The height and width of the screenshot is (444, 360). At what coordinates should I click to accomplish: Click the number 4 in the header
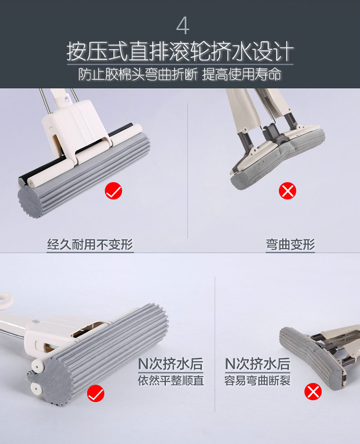pyautogui.click(x=183, y=26)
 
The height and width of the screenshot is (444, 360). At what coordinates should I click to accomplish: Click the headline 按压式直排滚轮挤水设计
pyautogui.click(x=180, y=51)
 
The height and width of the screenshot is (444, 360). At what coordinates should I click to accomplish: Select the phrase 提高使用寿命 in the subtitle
pyautogui.click(x=241, y=75)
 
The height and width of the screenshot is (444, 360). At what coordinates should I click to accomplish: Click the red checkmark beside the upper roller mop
pyautogui.click(x=113, y=191)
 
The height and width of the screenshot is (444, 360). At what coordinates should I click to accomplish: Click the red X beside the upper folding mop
pyautogui.click(x=288, y=191)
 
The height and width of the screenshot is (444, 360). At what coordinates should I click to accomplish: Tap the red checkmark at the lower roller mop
pyautogui.click(x=96, y=393)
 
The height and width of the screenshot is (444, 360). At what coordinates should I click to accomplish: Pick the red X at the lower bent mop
pyautogui.click(x=313, y=392)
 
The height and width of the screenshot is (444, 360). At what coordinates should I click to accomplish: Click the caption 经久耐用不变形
pyautogui.click(x=90, y=245)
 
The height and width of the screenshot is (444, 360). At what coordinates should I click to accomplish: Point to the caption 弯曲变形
pyautogui.click(x=290, y=245)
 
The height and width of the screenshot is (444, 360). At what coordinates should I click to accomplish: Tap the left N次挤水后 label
pyautogui.click(x=171, y=364)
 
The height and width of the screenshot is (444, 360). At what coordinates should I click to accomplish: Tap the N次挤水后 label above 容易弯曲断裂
pyautogui.click(x=257, y=364)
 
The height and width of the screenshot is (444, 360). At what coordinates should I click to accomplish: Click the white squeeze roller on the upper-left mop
pyautogui.click(x=85, y=156)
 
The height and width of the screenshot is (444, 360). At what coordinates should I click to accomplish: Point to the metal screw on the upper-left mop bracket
pyautogui.click(x=67, y=99)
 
